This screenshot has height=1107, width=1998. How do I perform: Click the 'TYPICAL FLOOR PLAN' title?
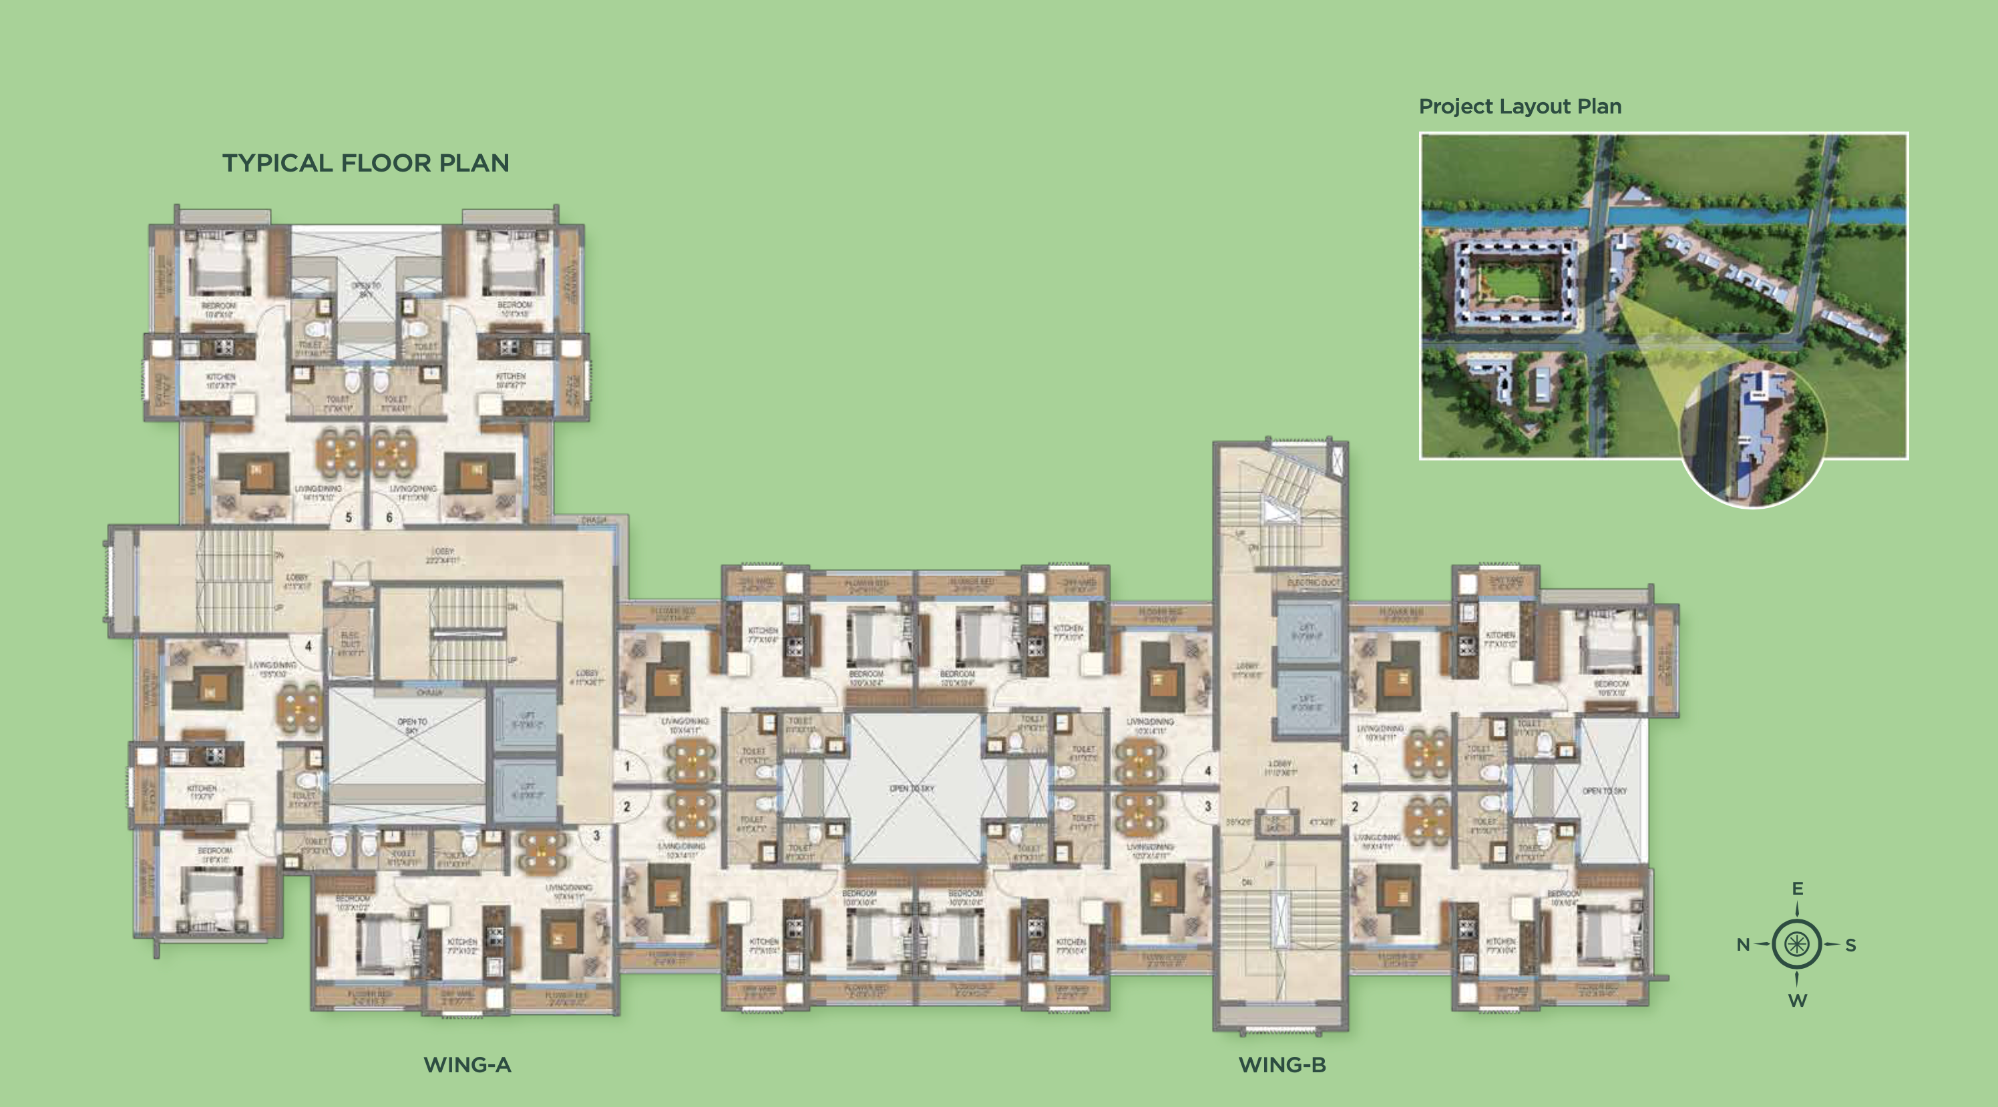[x=365, y=163]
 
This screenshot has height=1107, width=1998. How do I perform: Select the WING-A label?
[x=467, y=1064]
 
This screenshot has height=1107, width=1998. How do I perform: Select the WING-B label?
[x=1282, y=1064]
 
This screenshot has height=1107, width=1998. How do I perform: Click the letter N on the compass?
[x=1743, y=945]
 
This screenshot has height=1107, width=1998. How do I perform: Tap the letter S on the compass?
[x=1850, y=945]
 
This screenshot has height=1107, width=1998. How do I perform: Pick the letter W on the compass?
[x=1797, y=1001]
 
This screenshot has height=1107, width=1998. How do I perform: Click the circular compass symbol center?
[x=1797, y=944]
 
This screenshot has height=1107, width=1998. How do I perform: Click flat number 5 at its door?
[x=349, y=517]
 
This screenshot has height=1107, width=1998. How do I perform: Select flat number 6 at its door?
[x=389, y=517]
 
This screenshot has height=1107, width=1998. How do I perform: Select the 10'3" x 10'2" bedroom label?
[x=353, y=903]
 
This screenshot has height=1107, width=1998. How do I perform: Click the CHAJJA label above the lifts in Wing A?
[x=429, y=692]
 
